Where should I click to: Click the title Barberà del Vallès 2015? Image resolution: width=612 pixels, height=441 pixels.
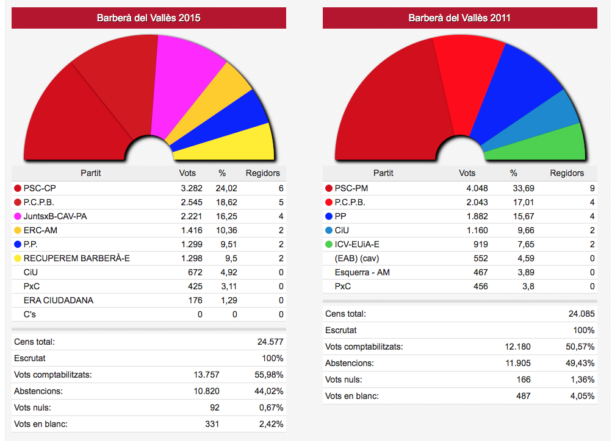click(x=149, y=18)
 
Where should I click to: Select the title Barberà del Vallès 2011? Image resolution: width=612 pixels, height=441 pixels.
click(x=459, y=18)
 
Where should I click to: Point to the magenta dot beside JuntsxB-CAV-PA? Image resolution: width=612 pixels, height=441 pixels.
click(x=18, y=216)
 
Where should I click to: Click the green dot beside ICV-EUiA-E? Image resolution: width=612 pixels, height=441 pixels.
click(x=329, y=244)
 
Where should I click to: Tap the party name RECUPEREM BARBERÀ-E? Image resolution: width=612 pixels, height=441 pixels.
click(x=77, y=258)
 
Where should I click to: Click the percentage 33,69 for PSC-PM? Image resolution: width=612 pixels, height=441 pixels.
click(x=522, y=188)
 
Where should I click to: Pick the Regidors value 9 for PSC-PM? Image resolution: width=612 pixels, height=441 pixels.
click(x=592, y=188)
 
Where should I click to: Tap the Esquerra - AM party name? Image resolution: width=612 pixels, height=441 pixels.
click(x=362, y=272)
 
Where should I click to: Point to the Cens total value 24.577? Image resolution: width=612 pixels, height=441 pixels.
click(x=270, y=342)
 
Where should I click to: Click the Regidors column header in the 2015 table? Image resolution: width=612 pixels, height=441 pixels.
click(x=263, y=173)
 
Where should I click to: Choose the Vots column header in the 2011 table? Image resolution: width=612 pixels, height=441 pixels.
click(x=467, y=173)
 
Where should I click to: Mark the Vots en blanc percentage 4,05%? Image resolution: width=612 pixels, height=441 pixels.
click(x=582, y=396)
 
